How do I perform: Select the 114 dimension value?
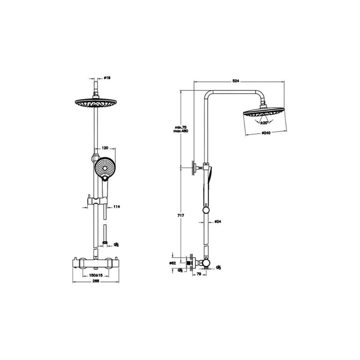(x=116, y=207)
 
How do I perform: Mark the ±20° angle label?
(x=264, y=123)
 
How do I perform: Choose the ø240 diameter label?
(x=266, y=133)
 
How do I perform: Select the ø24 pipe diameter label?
(x=218, y=222)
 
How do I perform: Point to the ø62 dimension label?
(x=173, y=263)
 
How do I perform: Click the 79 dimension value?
(x=199, y=274)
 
